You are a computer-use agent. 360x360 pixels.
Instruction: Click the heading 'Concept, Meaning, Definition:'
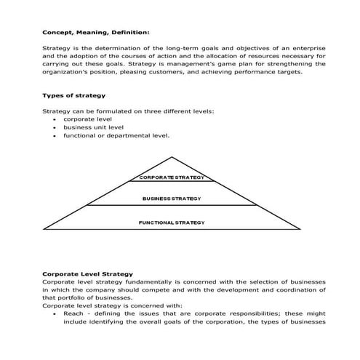[x=96, y=32]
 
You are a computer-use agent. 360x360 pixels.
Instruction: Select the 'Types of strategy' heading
[x=73, y=95]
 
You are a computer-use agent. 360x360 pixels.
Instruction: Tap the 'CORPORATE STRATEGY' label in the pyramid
[x=172, y=177]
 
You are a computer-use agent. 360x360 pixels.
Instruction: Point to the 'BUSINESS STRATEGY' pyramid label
[x=172, y=198]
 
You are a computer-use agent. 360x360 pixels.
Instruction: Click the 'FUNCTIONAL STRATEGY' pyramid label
[x=172, y=222]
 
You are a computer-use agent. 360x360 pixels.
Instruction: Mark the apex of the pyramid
[x=172, y=156]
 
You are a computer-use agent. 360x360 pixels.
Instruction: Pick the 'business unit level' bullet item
[x=93, y=127]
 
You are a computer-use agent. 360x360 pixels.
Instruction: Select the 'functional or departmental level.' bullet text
[x=116, y=135]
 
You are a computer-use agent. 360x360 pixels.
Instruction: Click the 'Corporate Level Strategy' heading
[x=87, y=273]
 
